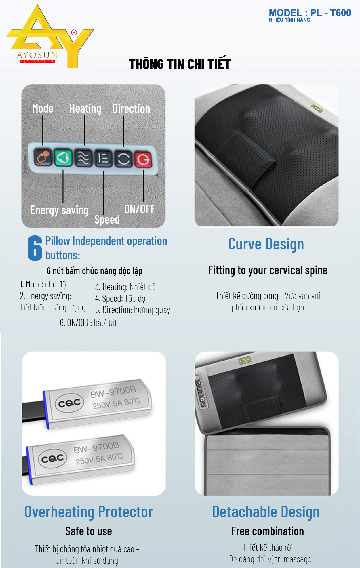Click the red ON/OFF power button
pos(143,159)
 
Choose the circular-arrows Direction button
pos(124,159)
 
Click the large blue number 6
pos(35,248)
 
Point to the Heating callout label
pos(85,109)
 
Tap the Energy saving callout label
pos(59,210)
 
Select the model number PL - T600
pos(331,13)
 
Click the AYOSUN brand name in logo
pos(37,55)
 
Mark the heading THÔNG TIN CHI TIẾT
pos(180,64)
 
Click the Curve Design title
pos(266,244)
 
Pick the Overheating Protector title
pos(89,512)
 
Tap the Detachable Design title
pos(266,512)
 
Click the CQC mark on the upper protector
pos(69,403)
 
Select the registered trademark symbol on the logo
pos(74,33)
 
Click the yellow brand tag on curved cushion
pos(317,109)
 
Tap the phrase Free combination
pos(268,531)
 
